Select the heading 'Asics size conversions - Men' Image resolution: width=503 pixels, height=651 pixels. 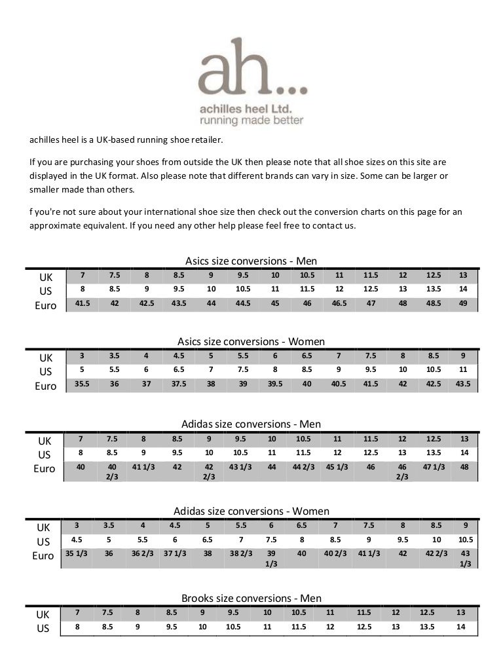(x=251, y=259)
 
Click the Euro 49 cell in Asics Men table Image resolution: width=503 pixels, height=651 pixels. (x=464, y=303)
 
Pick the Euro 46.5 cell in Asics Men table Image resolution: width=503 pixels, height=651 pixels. (x=339, y=303)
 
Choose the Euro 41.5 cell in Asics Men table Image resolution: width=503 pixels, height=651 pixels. (x=82, y=303)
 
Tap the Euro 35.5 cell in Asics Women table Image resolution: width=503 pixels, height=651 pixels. (x=82, y=385)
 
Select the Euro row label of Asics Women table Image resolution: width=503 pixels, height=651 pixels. (x=45, y=386)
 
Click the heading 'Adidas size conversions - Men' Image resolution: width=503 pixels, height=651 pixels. (x=251, y=424)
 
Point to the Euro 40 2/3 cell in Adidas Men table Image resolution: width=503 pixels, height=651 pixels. (x=113, y=472)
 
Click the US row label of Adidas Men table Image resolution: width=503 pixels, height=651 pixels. (x=45, y=453)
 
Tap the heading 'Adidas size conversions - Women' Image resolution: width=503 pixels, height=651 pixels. (x=251, y=511)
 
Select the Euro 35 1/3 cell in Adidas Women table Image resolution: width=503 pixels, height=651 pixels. (x=76, y=553)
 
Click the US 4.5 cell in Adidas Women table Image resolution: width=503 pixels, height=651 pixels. (x=76, y=540)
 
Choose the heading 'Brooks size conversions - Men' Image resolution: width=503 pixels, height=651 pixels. (x=251, y=598)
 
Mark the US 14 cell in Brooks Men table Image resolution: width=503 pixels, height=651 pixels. (x=461, y=626)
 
